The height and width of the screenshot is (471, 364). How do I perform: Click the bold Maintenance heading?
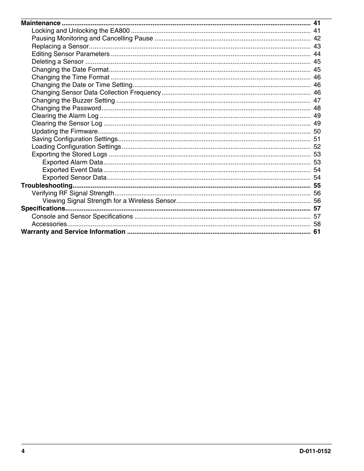point(40,23)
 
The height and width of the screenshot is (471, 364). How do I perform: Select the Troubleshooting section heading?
point(47,185)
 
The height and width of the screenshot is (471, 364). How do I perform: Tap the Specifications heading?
point(43,208)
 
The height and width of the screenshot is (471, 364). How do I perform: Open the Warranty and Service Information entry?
point(73,231)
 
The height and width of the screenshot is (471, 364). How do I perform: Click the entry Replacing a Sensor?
point(60,46)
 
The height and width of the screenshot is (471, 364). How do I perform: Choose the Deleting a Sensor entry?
point(58,61)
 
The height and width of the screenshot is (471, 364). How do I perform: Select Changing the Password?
point(66,108)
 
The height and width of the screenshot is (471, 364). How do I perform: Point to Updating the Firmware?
point(64,131)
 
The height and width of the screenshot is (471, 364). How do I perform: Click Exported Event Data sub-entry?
point(72,170)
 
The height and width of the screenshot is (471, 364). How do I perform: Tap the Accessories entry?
point(49,224)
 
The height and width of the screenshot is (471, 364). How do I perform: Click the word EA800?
point(120,31)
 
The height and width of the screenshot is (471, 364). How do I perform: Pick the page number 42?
point(317,38)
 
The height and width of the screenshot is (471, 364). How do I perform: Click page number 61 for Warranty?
point(317,231)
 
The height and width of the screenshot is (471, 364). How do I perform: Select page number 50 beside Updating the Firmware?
point(317,131)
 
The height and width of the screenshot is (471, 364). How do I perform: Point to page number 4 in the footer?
point(23,451)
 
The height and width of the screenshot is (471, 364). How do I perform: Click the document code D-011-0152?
point(315,451)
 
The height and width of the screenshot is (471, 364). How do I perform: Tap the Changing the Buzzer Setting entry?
point(73,100)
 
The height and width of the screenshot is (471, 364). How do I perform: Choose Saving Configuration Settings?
point(75,139)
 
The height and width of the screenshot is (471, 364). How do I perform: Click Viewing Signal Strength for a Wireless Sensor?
point(109,201)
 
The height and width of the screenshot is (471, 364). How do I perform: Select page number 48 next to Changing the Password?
point(317,108)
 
